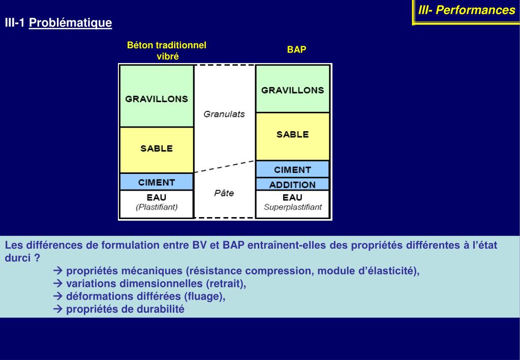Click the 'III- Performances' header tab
point(466,11)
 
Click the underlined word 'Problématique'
point(71,23)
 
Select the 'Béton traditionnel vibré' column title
point(167,51)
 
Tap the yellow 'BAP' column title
point(296,50)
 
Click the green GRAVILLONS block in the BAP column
point(292,89)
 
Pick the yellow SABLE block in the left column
point(157,149)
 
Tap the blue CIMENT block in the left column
point(157,182)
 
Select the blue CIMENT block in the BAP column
point(292,169)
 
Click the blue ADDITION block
point(292,185)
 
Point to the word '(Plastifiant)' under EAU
point(157,207)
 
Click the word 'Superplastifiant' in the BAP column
point(293,207)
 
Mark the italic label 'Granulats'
point(224,114)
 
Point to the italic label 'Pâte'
point(224,193)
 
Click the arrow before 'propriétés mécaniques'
point(57,271)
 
